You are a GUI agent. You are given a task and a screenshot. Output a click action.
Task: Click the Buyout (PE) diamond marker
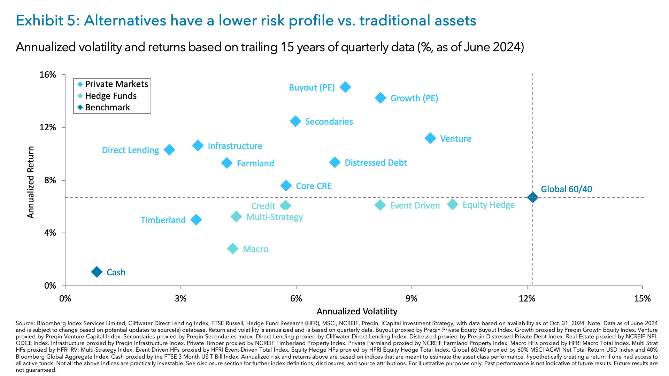[x=345, y=87]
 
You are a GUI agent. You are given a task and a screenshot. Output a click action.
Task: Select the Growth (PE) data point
[x=380, y=98]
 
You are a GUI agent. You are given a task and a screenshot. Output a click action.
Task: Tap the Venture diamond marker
[x=430, y=138]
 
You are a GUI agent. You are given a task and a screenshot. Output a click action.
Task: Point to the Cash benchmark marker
[x=97, y=272]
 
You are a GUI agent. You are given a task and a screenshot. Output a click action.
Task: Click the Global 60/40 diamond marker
[x=532, y=197]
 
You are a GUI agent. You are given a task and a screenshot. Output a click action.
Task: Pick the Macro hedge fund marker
[x=233, y=249]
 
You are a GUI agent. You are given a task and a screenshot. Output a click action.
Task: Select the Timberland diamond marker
[x=196, y=220]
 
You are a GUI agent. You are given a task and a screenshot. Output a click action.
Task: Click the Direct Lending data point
[x=169, y=150]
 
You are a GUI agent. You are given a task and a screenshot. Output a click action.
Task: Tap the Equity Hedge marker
[x=453, y=204]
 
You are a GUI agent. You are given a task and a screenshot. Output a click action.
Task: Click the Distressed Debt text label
[x=376, y=163]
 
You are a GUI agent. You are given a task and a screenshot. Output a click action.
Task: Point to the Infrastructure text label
[x=235, y=146]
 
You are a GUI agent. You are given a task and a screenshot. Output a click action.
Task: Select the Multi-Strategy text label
[x=275, y=217]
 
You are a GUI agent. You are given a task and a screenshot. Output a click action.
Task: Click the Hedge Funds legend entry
[x=111, y=96]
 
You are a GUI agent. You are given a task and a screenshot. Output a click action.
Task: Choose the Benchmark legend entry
[x=107, y=107]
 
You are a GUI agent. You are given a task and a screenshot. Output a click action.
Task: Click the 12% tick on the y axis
[x=48, y=127]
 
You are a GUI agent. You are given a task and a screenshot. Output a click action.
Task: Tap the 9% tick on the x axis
[x=412, y=298]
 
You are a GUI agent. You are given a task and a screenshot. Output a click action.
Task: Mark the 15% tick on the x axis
[x=642, y=298]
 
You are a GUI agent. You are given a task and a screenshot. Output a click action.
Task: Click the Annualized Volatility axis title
[x=357, y=311]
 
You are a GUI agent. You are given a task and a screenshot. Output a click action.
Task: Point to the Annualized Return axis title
[x=31, y=182]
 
